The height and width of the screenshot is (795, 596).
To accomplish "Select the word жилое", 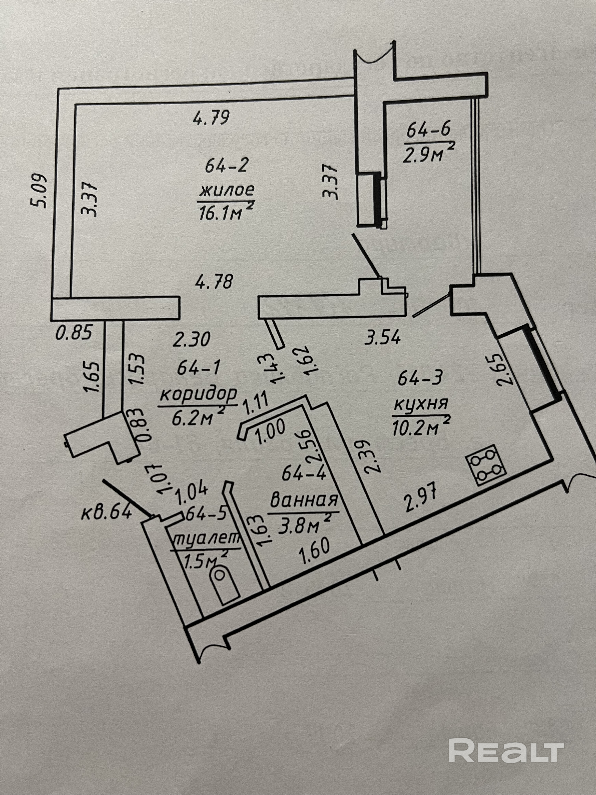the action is click(226, 189).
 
